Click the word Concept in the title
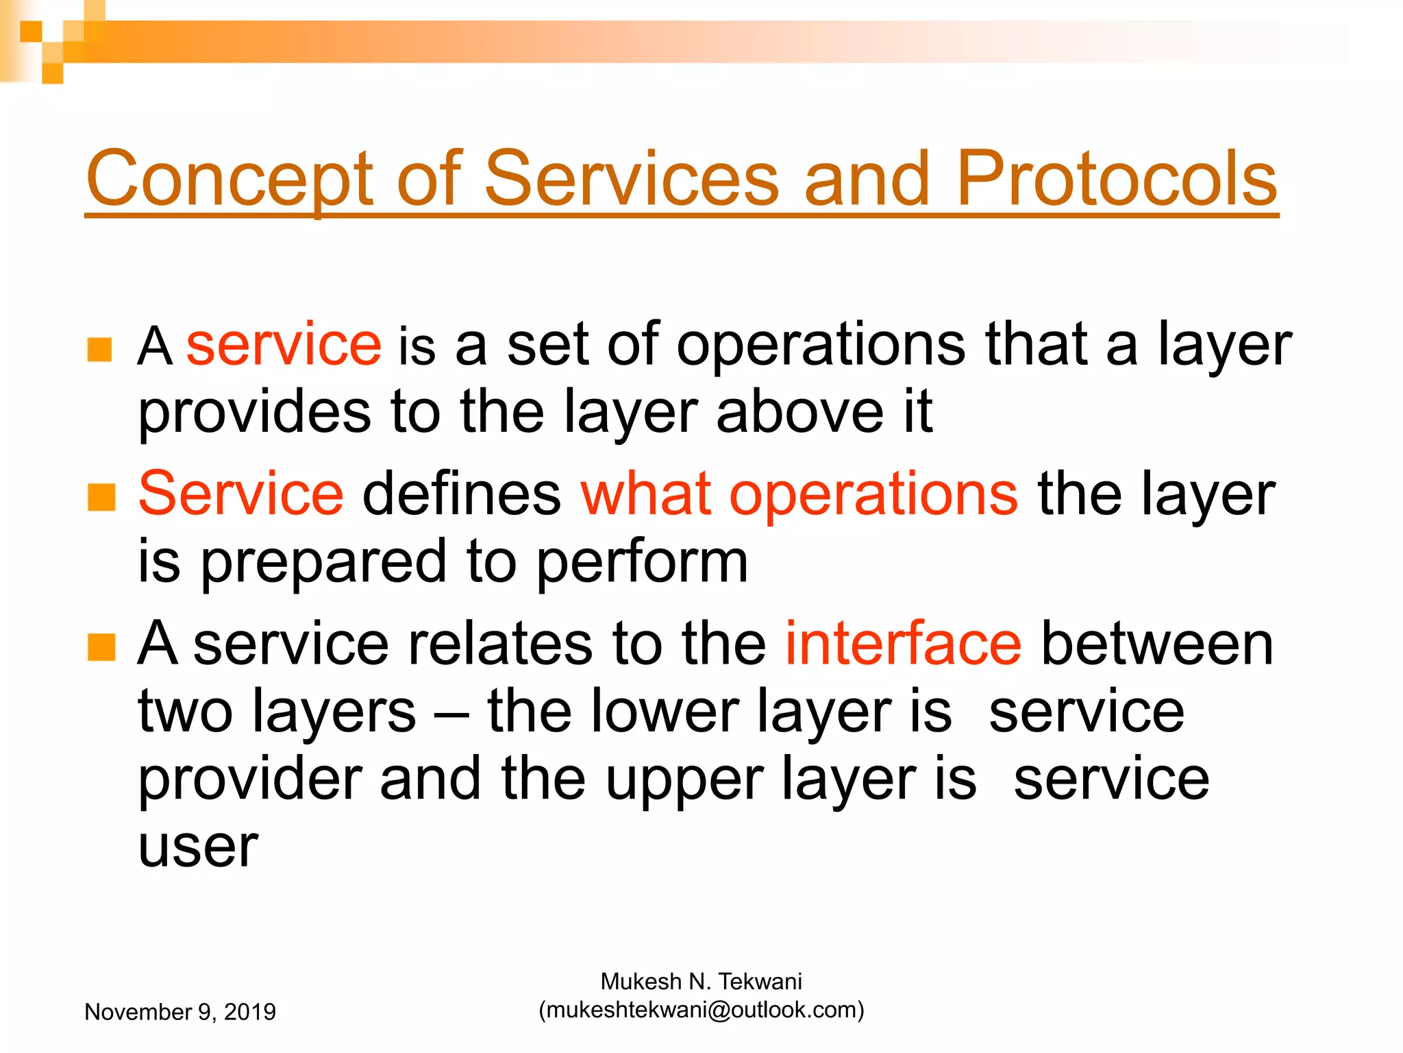coord(229,180)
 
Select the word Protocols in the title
coord(1116,180)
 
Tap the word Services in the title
coord(631,180)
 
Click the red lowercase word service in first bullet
coord(283,345)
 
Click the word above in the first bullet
coord(799,413)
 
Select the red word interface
coord(903,644)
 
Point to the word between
coord(1156,644)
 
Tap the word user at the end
coord(198,847)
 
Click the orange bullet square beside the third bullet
coord(101,647)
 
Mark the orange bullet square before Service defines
coord(101,497)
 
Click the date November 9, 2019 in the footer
coord(180,1012)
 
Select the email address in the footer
coord(701,1010)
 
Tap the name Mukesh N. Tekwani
coord(701,982)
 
